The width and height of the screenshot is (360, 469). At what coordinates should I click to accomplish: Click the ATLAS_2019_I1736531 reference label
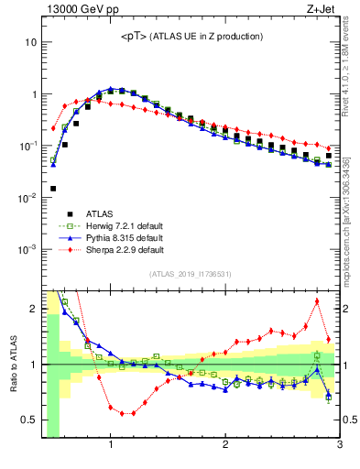click(x=190, y=274)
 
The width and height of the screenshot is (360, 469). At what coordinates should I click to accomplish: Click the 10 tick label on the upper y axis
click(x=30, y=42)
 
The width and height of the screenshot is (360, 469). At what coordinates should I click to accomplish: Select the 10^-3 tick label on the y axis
click(x=27, y=249)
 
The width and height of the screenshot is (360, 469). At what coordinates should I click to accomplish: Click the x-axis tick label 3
click(x=339, y=446)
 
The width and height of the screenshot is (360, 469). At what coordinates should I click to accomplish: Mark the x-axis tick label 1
click(x=111, y=446)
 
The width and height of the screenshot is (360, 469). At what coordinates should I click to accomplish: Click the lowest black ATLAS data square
click(x=53, y=189)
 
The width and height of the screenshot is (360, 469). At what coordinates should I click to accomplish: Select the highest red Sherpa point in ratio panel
click(x=317, y=301)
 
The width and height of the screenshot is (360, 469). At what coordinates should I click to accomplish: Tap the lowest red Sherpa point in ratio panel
click(x=122, y=413)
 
